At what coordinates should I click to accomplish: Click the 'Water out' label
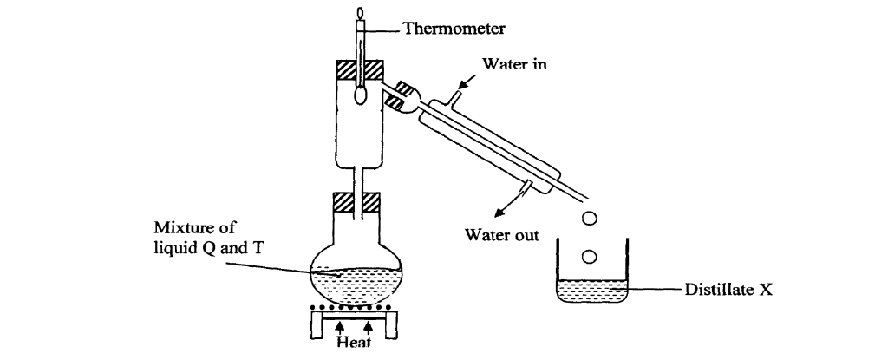pyautogui.click(x=501, y=234)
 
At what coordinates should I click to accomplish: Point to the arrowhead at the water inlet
pyautogui.click(x=462, y=82)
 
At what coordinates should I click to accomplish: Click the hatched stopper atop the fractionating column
pyautogui.click(x=359, y=71)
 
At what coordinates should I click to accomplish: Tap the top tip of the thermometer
pyautogui.click(x=359, y=15)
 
